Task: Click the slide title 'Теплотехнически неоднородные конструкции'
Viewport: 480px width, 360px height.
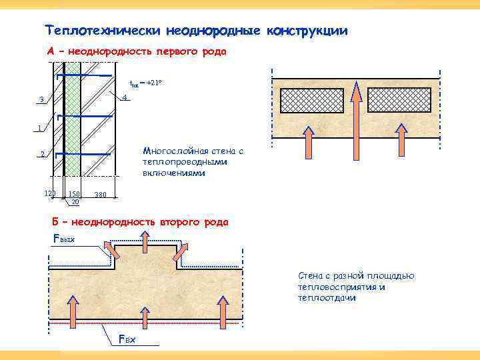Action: point(196,31)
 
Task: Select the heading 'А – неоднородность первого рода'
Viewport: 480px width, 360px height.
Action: point(137,51)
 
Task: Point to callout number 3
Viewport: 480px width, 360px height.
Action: point(41,101)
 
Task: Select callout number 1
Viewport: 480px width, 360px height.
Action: point(40,128)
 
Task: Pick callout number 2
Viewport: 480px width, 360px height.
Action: point(41,155)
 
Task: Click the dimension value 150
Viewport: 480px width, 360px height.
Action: point(73,194)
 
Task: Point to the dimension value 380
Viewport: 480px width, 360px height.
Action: point(100,195)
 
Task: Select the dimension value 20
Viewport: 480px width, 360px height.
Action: point(75,201)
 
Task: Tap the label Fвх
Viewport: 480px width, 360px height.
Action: point(127,340)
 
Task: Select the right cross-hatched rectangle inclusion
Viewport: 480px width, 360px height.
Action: point(402,101)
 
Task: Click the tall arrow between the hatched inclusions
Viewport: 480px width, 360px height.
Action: point(357,113)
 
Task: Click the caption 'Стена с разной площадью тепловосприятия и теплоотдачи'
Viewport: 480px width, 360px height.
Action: point(356,287)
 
